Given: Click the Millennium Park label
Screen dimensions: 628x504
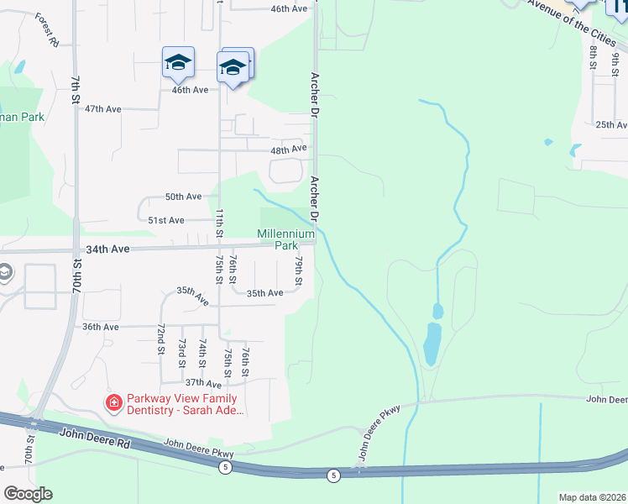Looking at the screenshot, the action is pyautogui.click(x=277, y=239).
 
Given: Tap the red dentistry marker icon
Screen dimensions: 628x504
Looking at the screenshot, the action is pyautogui.click(x=113, y=404).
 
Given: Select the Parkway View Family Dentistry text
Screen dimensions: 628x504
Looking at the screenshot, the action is pyautogui.click(x=182, y=405).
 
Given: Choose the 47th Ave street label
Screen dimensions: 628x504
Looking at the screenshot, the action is pyautogui.click(x=103, y=109).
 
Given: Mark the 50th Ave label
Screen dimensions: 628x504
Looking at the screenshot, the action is pyautogui.click(x=183, y=197).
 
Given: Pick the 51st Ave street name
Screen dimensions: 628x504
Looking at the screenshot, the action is pyautogui.click(x=165, y=220).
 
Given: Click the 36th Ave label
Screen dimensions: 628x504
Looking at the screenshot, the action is pyautogui.click(x=99, y=327).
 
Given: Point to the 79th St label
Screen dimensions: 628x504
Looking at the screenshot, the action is pyautogui.click(x=297, y=270).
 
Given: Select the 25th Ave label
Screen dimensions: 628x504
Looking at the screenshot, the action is pyautogui.click(x=610, y=124).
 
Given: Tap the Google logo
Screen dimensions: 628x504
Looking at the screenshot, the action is pyautogui.click(x=28, y=494).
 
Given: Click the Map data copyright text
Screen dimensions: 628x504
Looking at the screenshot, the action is pyautogui.click(x=593, y=497).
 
